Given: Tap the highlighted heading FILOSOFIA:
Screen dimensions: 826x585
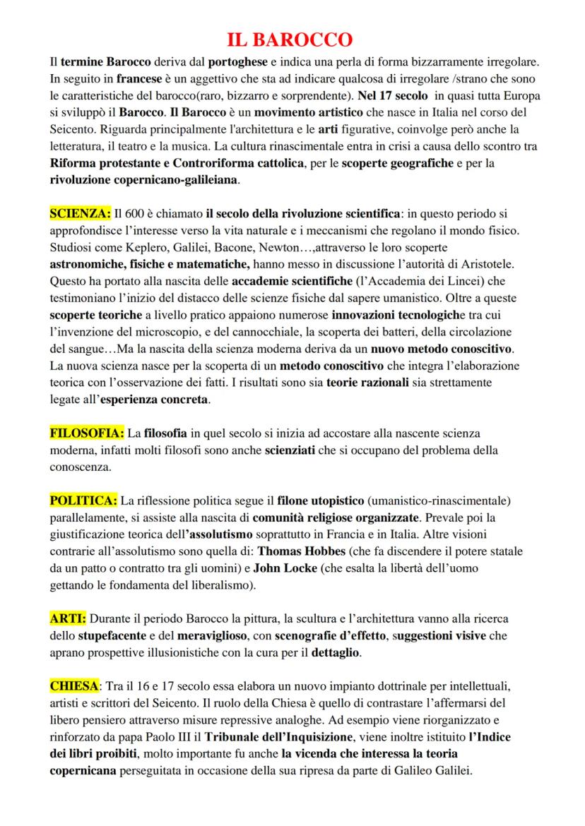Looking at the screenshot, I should [87, 432].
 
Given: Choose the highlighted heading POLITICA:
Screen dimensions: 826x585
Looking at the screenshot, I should [83, 501].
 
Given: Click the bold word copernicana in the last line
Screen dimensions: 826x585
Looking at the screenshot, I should [83, 771].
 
